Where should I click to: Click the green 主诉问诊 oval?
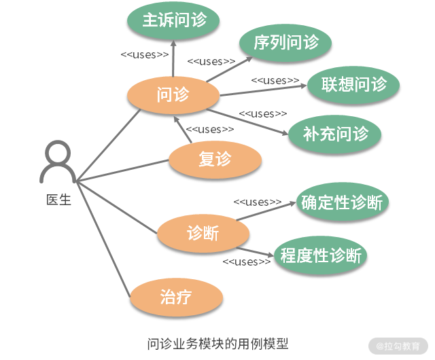pos(174,20)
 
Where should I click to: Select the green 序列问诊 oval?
pos(285,43)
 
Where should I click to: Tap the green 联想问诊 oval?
pos(353,84)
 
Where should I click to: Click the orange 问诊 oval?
pos(173,95)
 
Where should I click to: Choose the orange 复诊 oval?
pos(215,159)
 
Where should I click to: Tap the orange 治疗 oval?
pos(176,297)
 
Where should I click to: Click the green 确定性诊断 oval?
pos(342,202)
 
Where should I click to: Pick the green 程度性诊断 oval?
pos(321,256)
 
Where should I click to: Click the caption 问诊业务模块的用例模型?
pos(217,343)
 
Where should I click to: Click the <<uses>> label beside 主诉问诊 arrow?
pos(145,54)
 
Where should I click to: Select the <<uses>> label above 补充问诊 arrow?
pos(263,113)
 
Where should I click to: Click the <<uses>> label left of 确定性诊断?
pos(258,202)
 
